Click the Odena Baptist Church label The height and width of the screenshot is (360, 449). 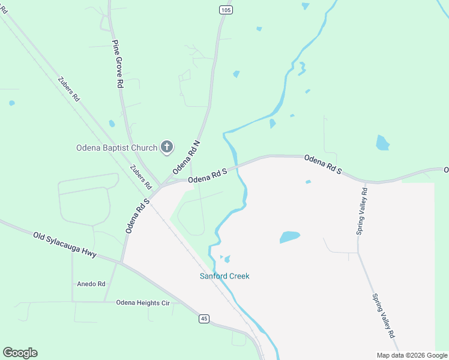pyautogui.click(x=116, y=148)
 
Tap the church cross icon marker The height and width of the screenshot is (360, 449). pyautogui.click(x=167, y=147)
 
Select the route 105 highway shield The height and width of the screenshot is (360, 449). pyautogui.click(x=224, y=10)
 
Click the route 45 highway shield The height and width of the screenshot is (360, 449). pyautogui.click(x=205, y=319)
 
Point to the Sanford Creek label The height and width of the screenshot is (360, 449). pyautogui.click(x=224, y=276)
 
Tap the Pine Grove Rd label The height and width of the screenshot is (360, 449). pyautogui.click(x=118, y=65)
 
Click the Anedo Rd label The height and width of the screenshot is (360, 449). pyautogui.click(x=91, y=284)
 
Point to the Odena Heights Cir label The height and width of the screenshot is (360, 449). pyautogui.click(x=143, y=303)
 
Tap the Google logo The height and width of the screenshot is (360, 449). pyautogui.click(x=20, y=353)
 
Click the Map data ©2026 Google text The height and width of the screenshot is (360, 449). pyautogui.click(x=412, y=355)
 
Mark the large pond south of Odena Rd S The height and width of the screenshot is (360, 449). pyautogui.click(x=289, y=237)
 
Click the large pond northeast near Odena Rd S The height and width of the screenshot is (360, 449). pyautogui.click(x=382, y=143)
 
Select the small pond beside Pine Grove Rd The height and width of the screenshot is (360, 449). pyautogui.click(x=112, y=124)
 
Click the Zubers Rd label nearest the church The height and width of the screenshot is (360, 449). pyautogui.click(x=140, y=178)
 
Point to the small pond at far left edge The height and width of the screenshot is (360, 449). pyautogui.click(x=12, y=103)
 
